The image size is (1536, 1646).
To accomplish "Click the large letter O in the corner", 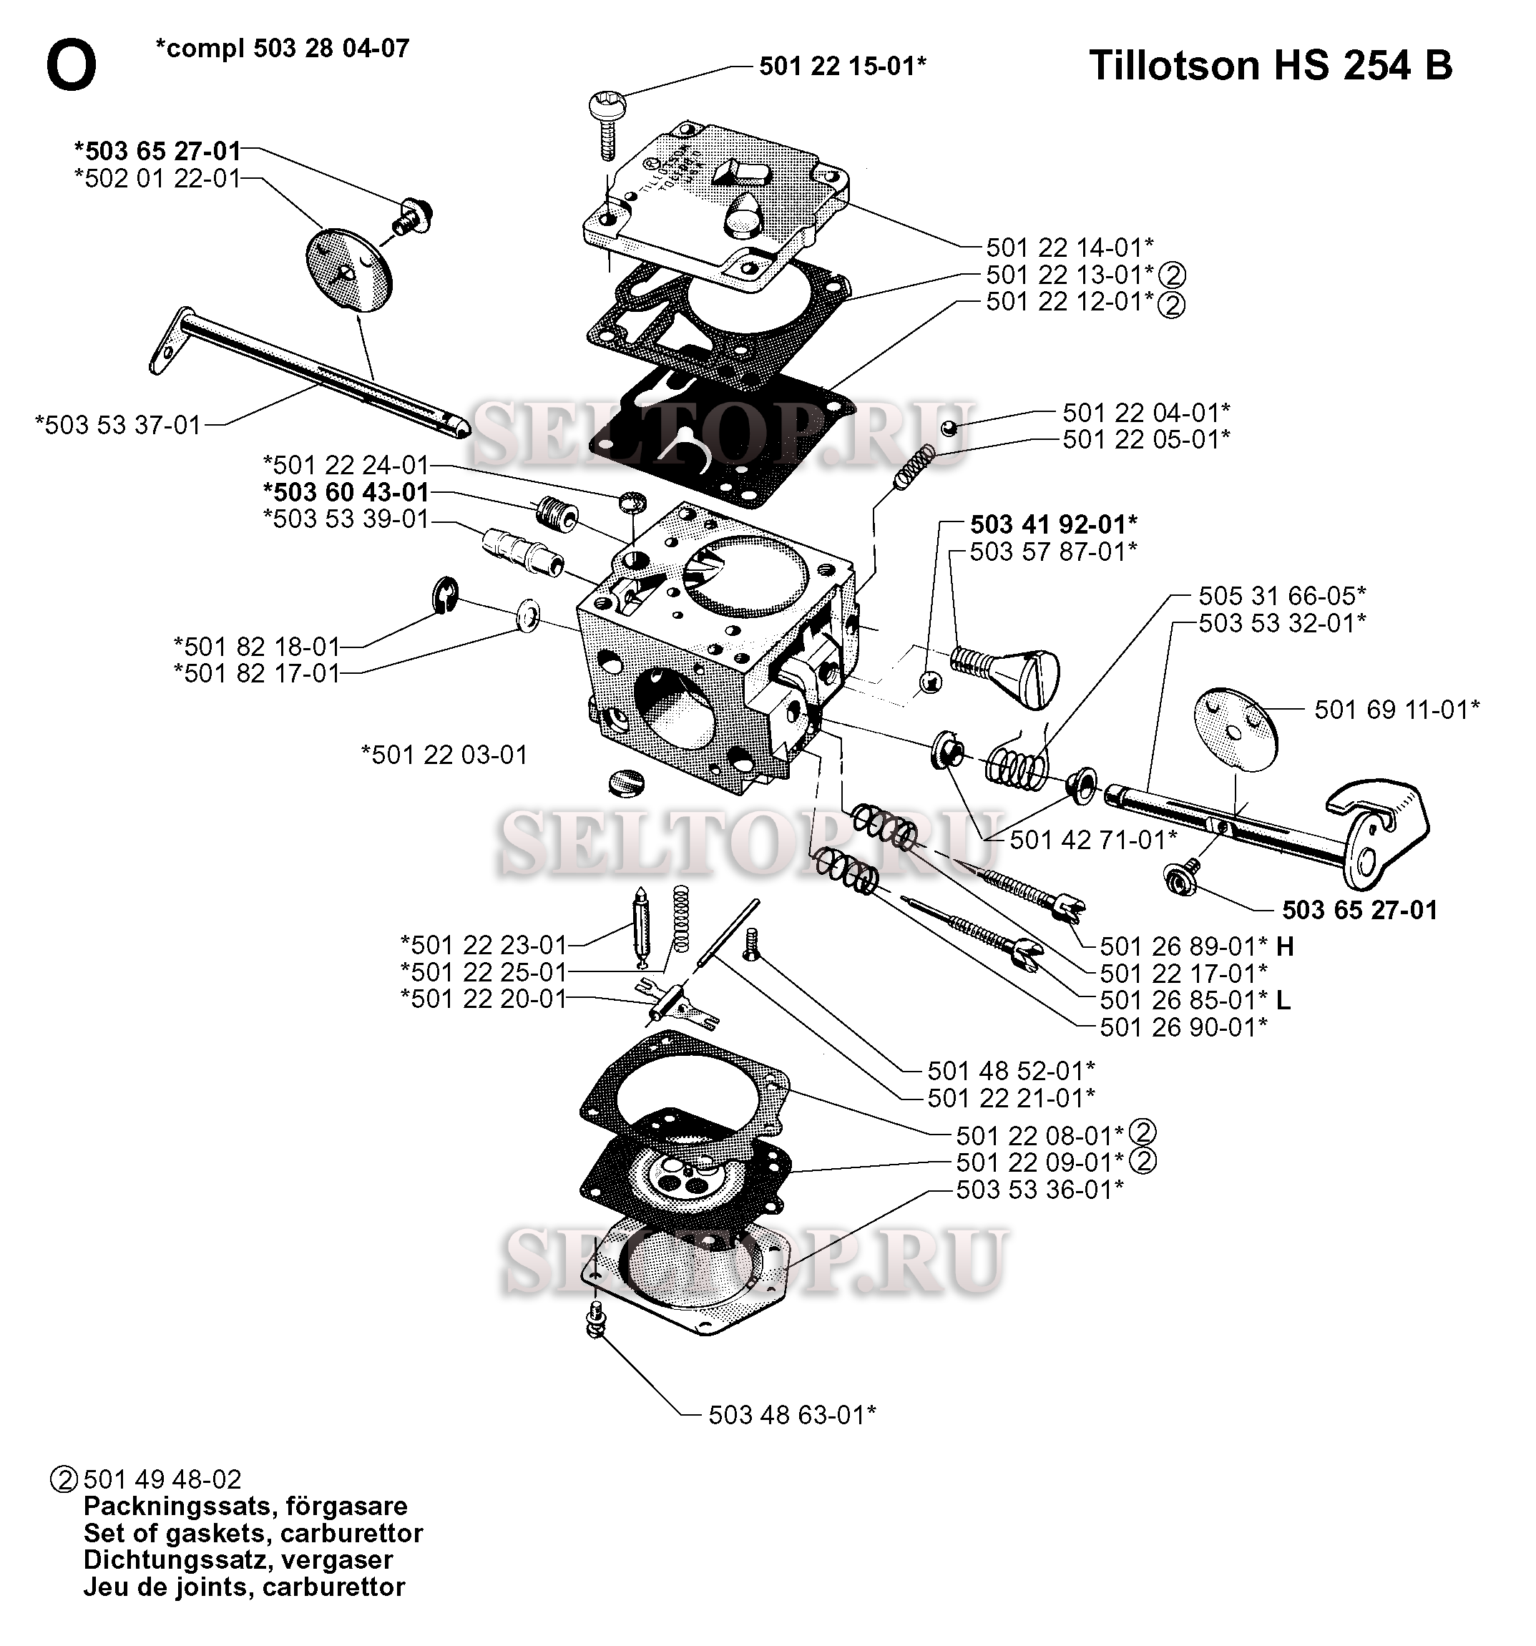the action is [72, 67].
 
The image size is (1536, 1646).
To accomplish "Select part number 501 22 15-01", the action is [843, 67].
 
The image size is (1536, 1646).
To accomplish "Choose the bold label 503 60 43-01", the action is [346, 492].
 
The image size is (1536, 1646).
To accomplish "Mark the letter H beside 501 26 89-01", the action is [1285, 946].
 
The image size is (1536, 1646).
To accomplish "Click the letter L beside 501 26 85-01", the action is [1283, 1000].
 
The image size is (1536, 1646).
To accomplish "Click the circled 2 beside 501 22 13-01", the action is [1172, 275].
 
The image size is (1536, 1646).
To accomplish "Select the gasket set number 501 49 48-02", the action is [162, 1479].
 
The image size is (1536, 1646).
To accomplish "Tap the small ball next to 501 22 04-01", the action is [950, 428].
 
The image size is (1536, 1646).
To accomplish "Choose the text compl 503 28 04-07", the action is [283, 48].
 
